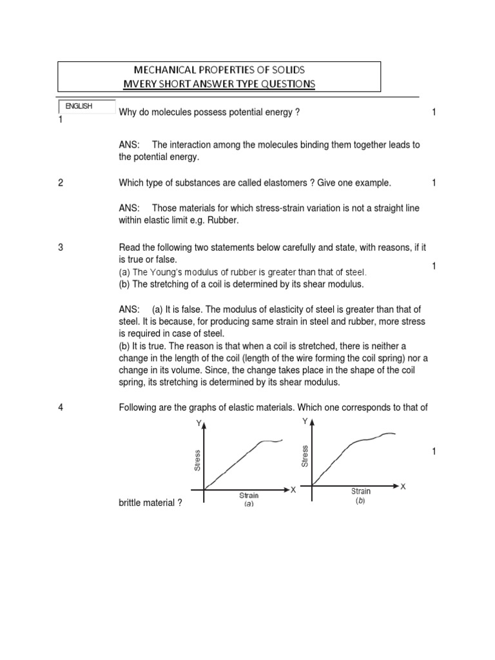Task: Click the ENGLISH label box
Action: pyautogui.click(x=86, y=107)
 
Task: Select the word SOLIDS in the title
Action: pyautogui.click(x=283, y=70)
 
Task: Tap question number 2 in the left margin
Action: pyautogui.click(x=61, y=183)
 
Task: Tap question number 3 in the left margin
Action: pyautogui.click(x=61, y=247)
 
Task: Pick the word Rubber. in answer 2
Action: pyautogui.click(x=224, y=220)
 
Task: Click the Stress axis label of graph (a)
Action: pyautogui.click(x=197, y=460)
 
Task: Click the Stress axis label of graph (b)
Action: pyautogui.click(x=305, y=455)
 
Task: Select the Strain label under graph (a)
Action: pyautogui.click(x=249, y=496)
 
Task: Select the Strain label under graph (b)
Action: pyautogui.click(x=361, y=491)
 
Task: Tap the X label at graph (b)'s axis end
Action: pyautogui.click(x=403, y=486)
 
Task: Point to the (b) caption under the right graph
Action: pyautogui.click(x=360, y=501)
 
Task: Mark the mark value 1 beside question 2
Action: pyautogui.click(x=434, y=183)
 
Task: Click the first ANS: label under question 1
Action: pyautogui.click(x=130, y=145)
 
